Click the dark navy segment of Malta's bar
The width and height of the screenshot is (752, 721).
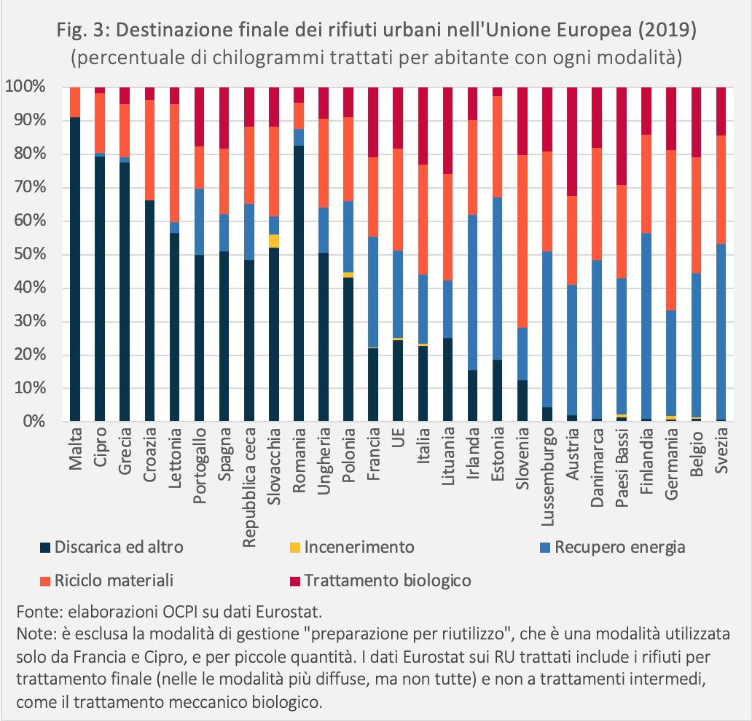(75, 269)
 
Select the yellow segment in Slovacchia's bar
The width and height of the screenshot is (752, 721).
(274, 241)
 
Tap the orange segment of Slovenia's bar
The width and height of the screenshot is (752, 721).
(522, 241)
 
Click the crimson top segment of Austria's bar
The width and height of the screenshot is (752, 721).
(572, 141)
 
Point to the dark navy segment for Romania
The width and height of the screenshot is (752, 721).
(299, 283)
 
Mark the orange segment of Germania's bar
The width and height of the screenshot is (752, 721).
(671, 230)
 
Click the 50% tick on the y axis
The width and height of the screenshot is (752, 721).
(30, 254)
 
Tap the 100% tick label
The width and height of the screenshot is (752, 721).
(26, 87)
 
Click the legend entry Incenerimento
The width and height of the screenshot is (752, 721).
(352, 547)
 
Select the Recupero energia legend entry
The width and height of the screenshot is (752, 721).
(612, 548)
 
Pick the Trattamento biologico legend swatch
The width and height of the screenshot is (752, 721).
(295, 581)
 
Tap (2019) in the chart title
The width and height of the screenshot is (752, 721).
(667, 30)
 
